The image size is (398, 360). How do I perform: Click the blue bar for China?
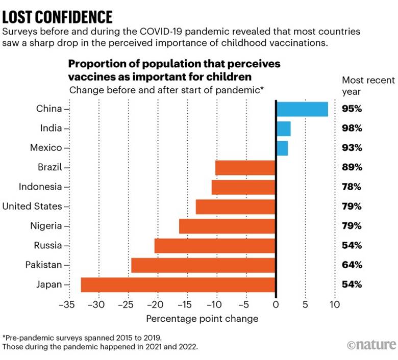(x=302, y=109)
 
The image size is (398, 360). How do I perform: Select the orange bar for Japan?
(x=179, y=285)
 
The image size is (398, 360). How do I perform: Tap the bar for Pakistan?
(x=204, y=265)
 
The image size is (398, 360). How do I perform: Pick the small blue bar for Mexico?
(x=282, y=148)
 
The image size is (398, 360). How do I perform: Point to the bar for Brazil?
(x=245, y=167)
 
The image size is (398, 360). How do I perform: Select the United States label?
(x=32, y=207)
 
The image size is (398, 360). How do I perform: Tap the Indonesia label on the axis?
(x=40, y=187)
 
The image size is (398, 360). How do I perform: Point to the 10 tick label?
(x=335, y=305)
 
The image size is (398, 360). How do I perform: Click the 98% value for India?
(x=352, y=128)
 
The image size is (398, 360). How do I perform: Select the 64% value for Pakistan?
(x=352, y=265)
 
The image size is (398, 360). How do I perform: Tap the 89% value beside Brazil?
(x=352, y=167)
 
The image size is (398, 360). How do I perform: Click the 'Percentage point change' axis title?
(x=202, y=319)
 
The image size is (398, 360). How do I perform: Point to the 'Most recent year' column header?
(x=368, y=86)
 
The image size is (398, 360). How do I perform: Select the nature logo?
(x=371, y=345)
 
